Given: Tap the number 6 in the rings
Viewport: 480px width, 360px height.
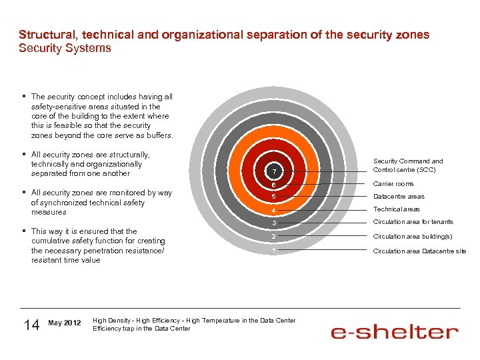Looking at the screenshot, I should [x=273, y=185].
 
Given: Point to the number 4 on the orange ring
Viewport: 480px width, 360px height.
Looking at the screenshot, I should [x=273, y=211].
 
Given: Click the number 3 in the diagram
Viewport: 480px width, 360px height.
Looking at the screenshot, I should [x=273, y=223].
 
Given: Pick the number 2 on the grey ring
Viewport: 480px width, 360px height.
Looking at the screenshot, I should [x=273, y=237].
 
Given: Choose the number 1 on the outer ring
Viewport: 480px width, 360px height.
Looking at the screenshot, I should [x=273, y=251].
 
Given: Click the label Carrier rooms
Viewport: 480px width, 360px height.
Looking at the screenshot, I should [x=393, y=184].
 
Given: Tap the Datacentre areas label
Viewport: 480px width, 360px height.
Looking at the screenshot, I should [x=399, y=197].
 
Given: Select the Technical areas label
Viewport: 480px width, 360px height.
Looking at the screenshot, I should [x=397, y=209].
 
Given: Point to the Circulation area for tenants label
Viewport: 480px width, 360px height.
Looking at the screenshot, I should [x=413, y=222].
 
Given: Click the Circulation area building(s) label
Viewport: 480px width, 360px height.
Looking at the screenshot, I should [x=413, y=237].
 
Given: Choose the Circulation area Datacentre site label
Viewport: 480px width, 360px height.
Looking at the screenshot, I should [x=419, y=251].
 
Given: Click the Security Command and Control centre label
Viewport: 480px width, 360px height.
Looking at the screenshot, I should [x=407, y=165].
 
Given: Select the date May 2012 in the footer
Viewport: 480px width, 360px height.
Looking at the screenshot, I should [x=65, y=323].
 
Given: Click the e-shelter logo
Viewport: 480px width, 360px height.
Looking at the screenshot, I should [x=395, y=331].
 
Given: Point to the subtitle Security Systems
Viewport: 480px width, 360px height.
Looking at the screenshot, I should [x=65, y=49].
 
